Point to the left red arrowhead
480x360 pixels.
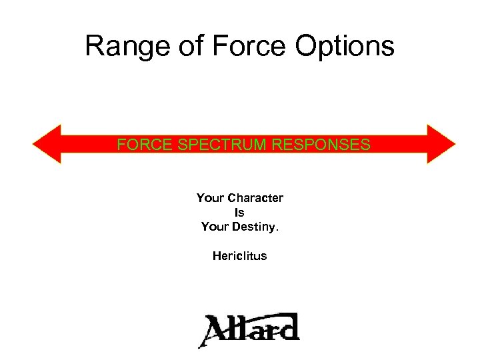pos(47,144)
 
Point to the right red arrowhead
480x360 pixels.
pos(441,144)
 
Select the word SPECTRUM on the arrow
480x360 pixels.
pos(214,145)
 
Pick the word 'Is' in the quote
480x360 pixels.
pos(240,213)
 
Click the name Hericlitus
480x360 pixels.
pos(240,256)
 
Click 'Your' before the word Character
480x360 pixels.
pos(210,198)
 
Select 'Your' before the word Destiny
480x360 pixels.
pos(215,227)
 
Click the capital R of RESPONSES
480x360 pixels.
pos(277,145)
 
